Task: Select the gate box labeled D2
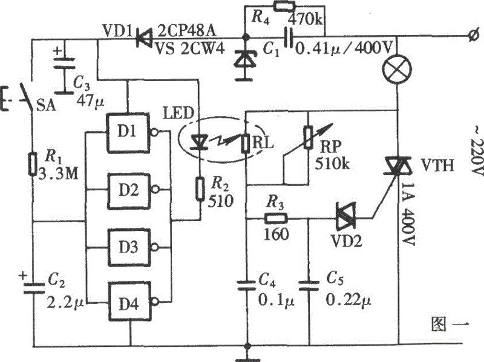129,190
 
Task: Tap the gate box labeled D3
129,247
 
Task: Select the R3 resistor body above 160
276,219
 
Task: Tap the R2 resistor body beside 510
200,189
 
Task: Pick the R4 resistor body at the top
284,6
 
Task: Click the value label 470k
306,20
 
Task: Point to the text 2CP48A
187,31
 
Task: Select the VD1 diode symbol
143,39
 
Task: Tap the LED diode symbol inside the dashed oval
199,142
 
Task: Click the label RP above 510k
330,148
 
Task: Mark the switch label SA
47,106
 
